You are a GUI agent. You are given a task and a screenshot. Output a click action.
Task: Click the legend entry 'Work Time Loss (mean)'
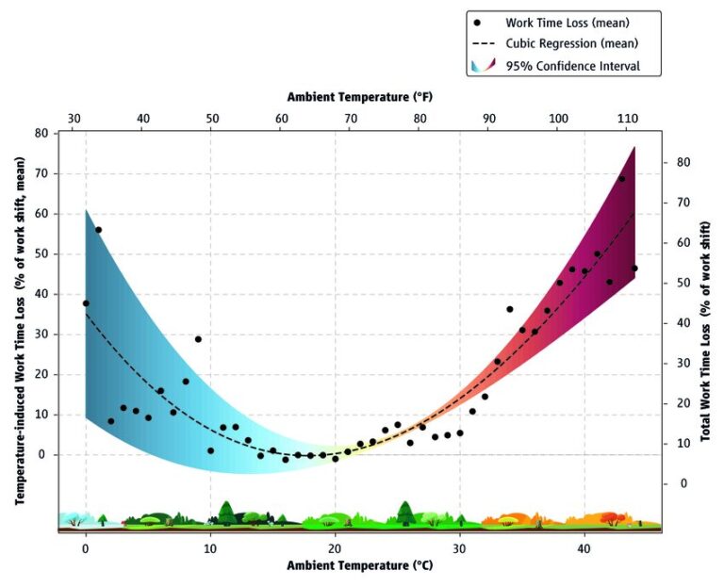click(567, 23)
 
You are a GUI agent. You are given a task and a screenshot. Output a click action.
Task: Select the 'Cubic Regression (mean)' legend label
click(571, 43)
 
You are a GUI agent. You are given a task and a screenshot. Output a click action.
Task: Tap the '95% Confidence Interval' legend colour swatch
click(483, 65)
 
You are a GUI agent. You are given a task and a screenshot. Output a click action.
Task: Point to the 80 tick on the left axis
click(42, 134)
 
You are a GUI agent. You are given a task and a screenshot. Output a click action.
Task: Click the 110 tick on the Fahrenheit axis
click(627, 119)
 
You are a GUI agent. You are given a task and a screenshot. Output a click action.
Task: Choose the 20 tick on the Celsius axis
click(335, 549)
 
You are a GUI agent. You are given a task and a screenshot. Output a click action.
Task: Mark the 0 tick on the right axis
click(683, 483)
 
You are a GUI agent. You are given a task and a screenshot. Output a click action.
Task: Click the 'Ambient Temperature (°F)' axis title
click(360, 97)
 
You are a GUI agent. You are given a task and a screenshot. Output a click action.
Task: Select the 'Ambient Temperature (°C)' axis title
click(360, 565)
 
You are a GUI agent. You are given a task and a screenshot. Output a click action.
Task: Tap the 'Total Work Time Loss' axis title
click(705, 332)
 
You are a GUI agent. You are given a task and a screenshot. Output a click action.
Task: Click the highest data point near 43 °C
click(621, 179)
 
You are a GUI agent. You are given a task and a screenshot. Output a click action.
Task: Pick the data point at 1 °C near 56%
click(98, 230)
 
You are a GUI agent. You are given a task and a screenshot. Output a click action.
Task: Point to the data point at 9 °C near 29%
click(198, 339)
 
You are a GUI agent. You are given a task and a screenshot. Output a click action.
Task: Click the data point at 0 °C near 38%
click(86, 303)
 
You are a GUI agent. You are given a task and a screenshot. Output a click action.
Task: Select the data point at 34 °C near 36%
click(510, 309)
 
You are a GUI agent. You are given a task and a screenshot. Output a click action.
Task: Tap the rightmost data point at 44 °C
click(634, 269)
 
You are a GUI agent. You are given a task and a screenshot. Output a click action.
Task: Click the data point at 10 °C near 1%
click(210, 451)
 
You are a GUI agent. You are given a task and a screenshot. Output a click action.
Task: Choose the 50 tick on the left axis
click(42, 254)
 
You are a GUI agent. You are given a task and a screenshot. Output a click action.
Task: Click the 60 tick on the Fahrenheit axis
click(282, 119)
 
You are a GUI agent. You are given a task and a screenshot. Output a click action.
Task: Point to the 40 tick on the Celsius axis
click(584, 549)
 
